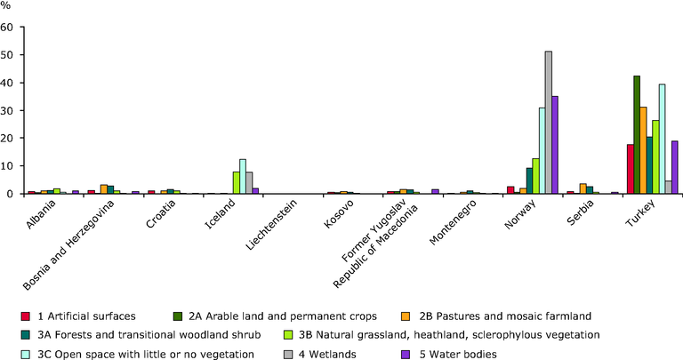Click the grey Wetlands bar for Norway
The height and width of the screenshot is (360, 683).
point(549,123)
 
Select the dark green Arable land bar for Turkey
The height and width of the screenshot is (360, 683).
point(637,134)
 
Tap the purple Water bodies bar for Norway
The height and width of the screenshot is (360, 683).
point(555,145)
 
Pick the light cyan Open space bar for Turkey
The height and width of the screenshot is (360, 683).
point(662,139)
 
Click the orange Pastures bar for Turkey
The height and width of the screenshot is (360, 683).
point(643,150)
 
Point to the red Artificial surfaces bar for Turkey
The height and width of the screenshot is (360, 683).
point(631,169)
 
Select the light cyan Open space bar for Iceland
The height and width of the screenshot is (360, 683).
point(243,176)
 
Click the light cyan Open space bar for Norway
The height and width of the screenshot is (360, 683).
point(542,150)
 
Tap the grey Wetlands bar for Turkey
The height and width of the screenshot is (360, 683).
point(669,188)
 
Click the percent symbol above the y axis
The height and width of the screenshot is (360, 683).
point(5,6)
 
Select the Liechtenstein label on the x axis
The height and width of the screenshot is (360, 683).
point(271,225)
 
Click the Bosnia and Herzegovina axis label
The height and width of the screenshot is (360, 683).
point(68,245)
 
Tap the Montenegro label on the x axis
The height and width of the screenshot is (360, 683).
point(453,222)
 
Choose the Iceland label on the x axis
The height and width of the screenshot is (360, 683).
point(220,213)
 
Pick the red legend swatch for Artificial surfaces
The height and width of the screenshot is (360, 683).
point(25,316)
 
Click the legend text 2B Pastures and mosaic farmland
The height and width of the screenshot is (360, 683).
point(505,316)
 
